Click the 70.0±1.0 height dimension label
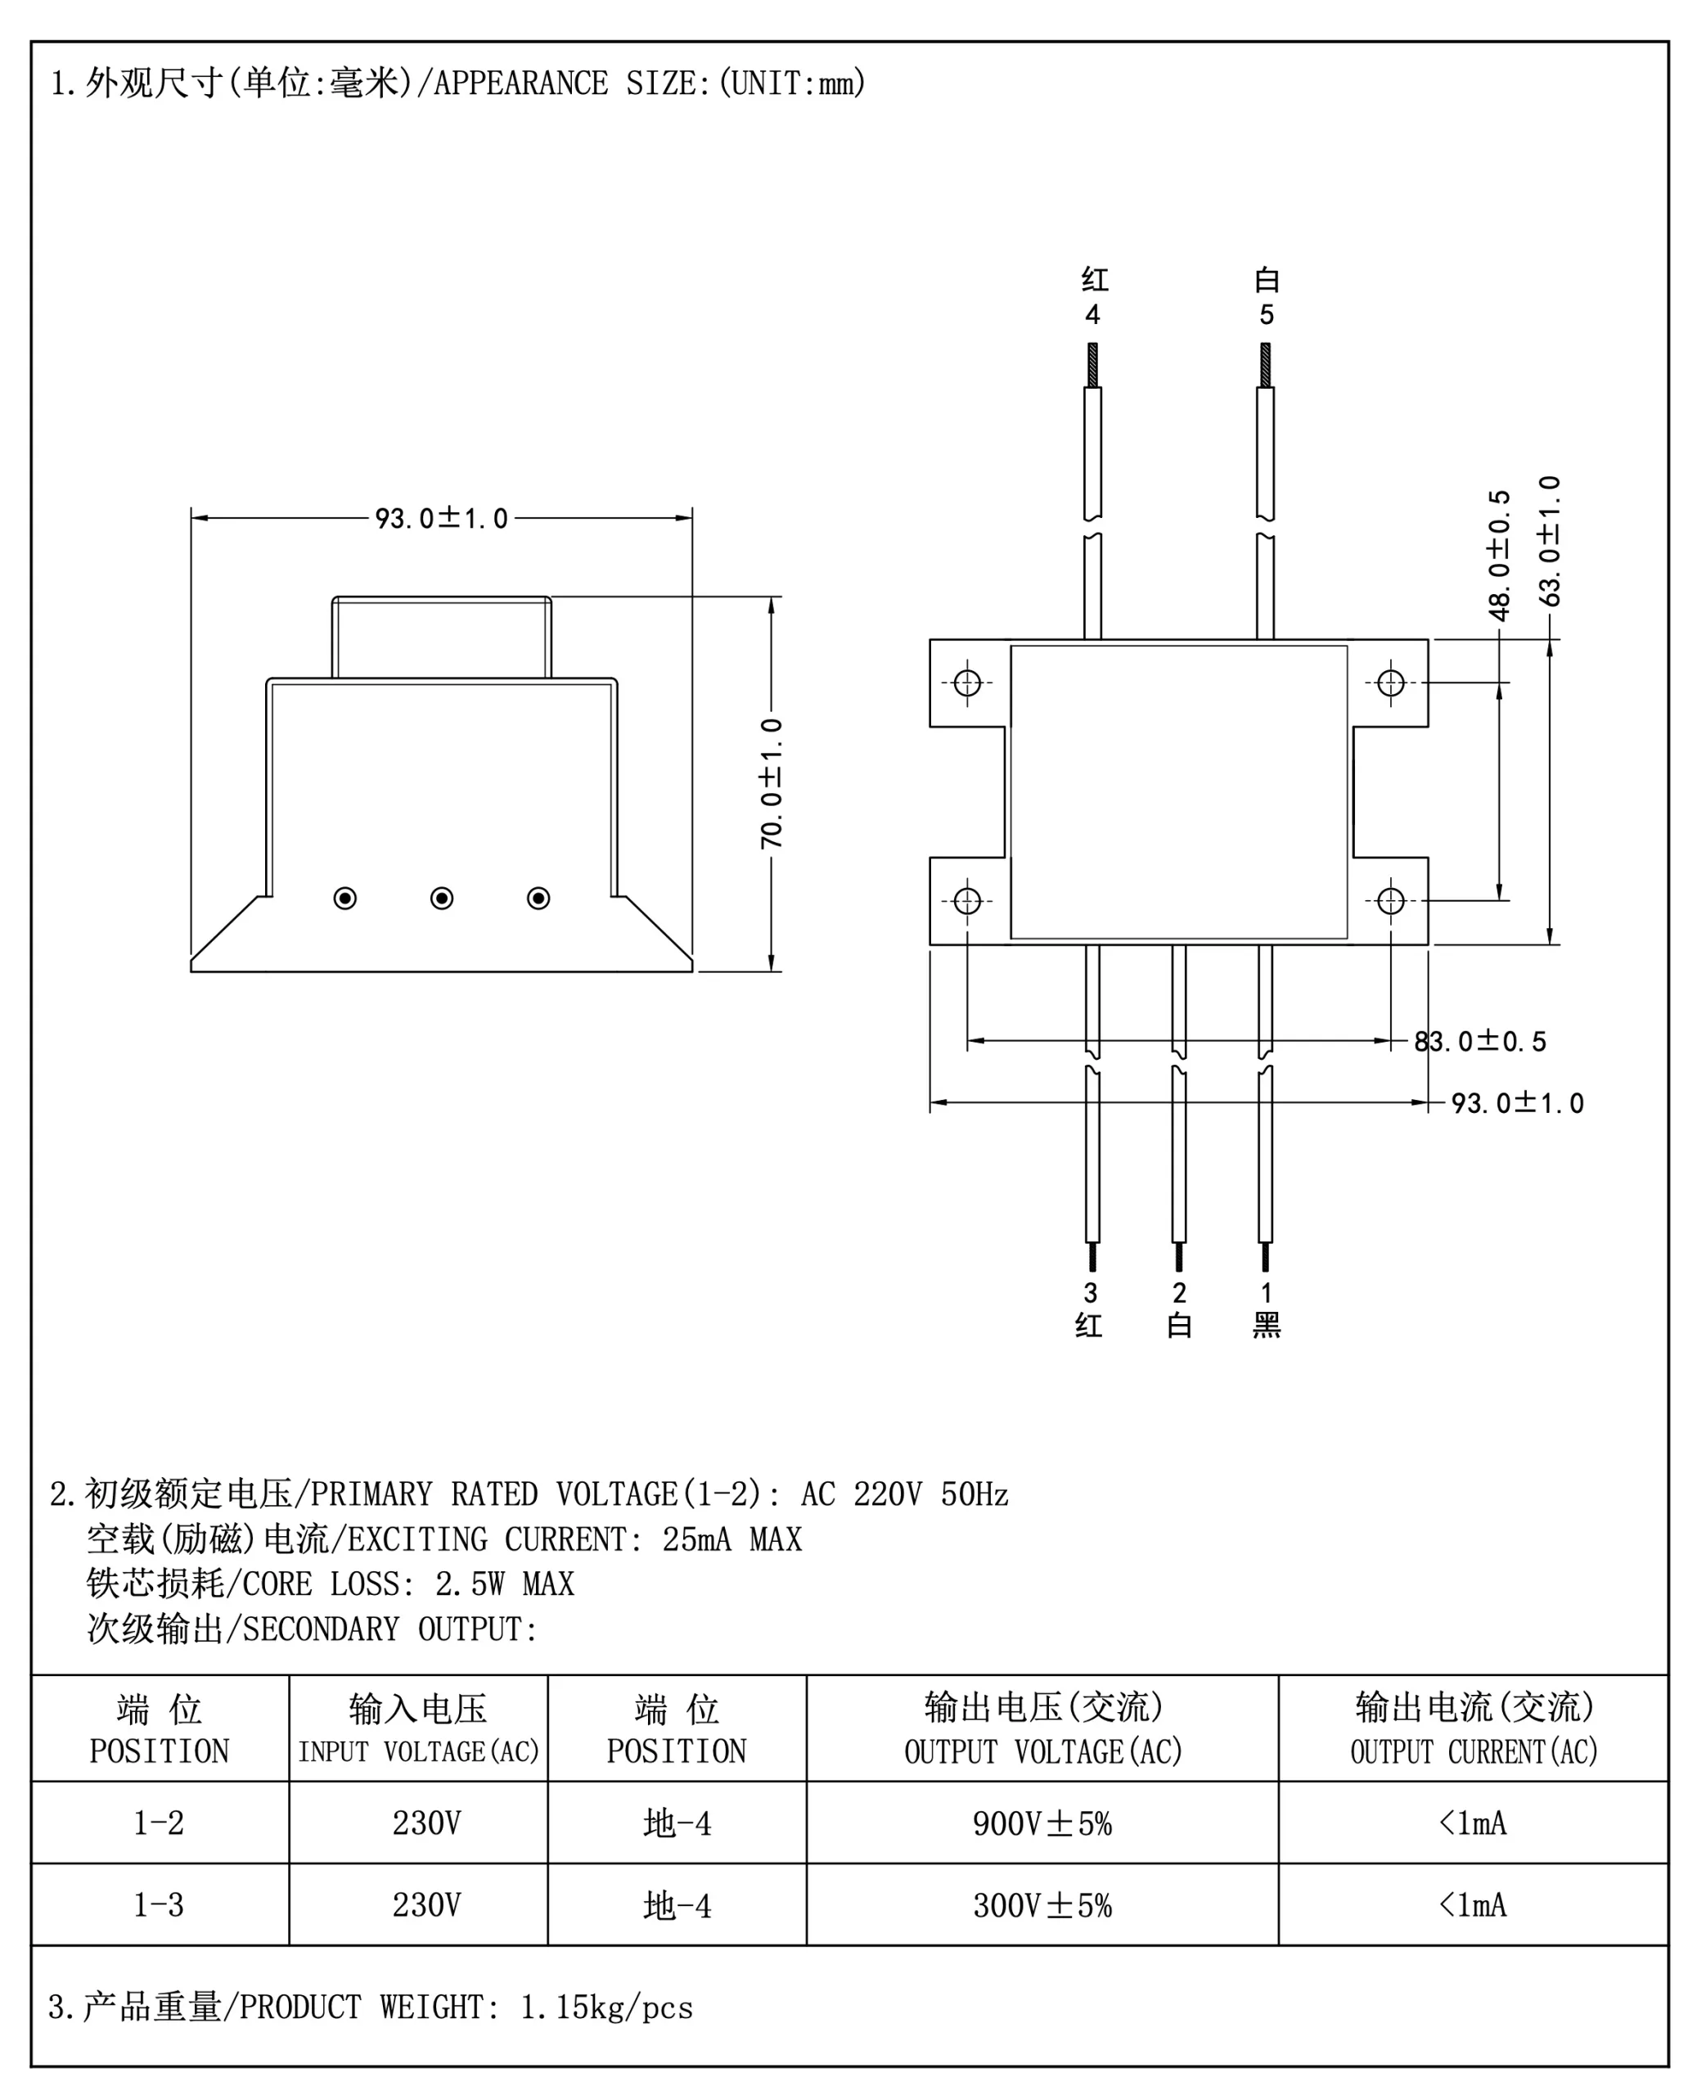pyautogui.click(x=772, y=783)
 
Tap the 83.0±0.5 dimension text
pyautogui.click(x=1480, y=1041)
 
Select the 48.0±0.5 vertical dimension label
pyautogui.click(x=1498, y=556)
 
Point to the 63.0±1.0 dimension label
pyautogui.click(x=1550, y=541)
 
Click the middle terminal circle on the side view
pyautogui.click(x=442, y=898)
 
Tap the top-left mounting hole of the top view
pyautogui.click(x=967, y=683)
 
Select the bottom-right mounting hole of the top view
pyautogui.click(x=1390, y=900)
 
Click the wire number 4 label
pyautogui.click(x=1093, y=315)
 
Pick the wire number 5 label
pyautogui.click(x=1266, y=315)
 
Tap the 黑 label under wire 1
pyautogui.click(x=1266, y=1326)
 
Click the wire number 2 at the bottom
pyautogui.click(x=1179, y=1292)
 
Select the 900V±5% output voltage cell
pyautogui.click(x=1042, y=1822)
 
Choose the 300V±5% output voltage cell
pyautogui.click(x=1042, y=1904)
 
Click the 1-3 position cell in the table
pyautogui.click(x=159, y=1904)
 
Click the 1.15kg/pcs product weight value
pyautogui.click(x=606, y=2007)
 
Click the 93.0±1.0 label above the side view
pyautogui.click(x=442, y=518)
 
